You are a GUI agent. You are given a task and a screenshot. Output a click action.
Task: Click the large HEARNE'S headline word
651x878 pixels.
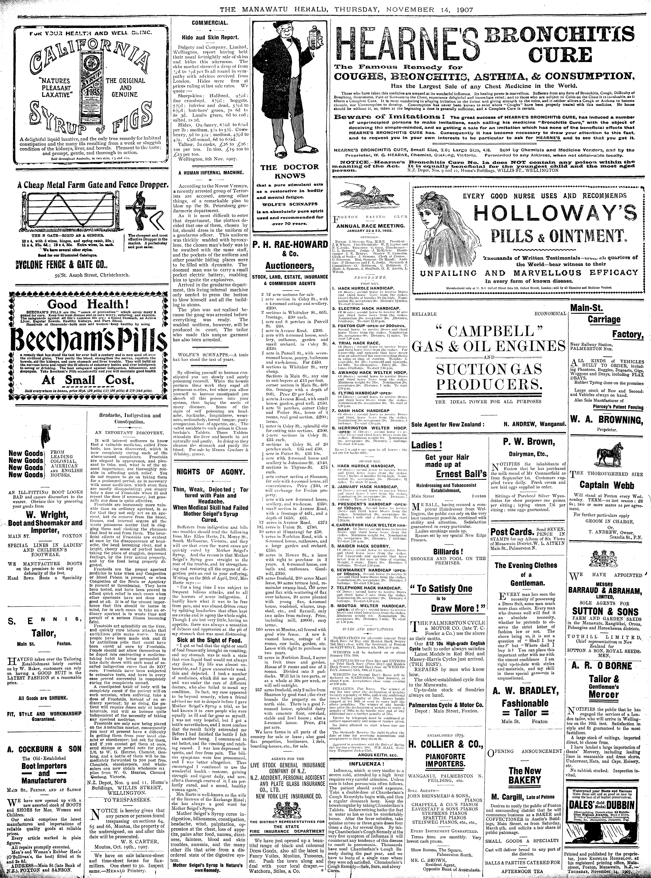click(406, 43)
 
